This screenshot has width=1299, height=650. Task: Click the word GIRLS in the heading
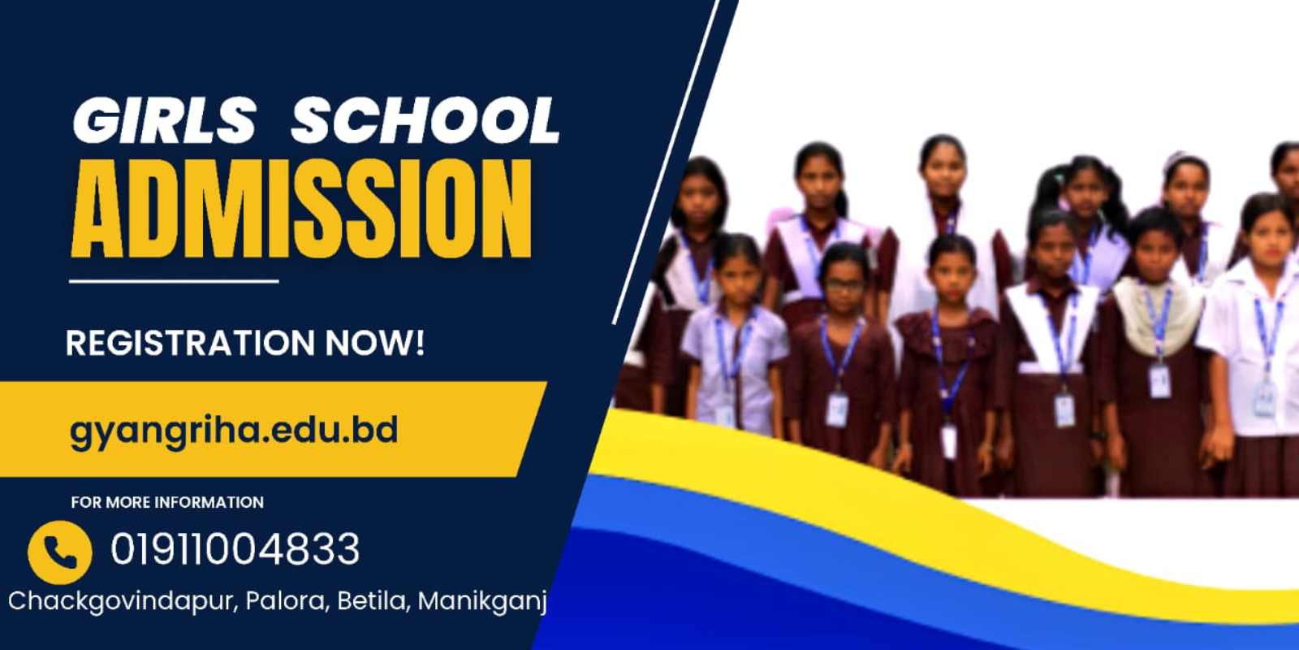click(164, 120)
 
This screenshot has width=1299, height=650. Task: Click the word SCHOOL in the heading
click(425, 120)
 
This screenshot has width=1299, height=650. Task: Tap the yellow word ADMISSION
click(301, 208)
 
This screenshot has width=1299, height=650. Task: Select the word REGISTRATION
click(190, 343)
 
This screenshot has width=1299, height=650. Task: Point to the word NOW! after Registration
click(374, 343)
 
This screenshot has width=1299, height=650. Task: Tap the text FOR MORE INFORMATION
click(167, 502)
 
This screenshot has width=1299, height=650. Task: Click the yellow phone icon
click(60, 552)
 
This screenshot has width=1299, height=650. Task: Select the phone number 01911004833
click(235, 549)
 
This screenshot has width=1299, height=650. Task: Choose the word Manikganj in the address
click(482, 602)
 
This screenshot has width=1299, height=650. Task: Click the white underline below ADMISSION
click(174, 281)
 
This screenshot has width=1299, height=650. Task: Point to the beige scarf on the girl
click(1157, 314)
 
